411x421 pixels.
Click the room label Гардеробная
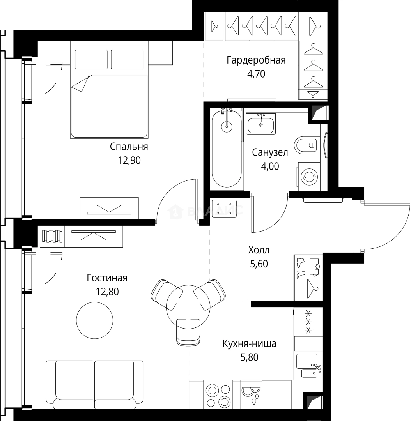pos(256,60)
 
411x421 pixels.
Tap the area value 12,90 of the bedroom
pos(129,161)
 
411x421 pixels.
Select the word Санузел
pos(270,152)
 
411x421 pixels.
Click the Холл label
pos(259,250)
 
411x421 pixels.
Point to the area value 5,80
pos(249,357)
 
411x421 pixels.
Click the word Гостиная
pos(107,278)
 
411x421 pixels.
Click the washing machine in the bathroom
pos(308,177)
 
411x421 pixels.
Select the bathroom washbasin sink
pos(261,124)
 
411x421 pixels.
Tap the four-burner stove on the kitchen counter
pos(218,394)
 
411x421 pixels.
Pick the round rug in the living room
pos(94,320)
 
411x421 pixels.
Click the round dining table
pos(188,305)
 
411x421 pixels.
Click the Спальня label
pos(129,147)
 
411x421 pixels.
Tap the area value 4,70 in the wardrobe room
pos(256,74)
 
